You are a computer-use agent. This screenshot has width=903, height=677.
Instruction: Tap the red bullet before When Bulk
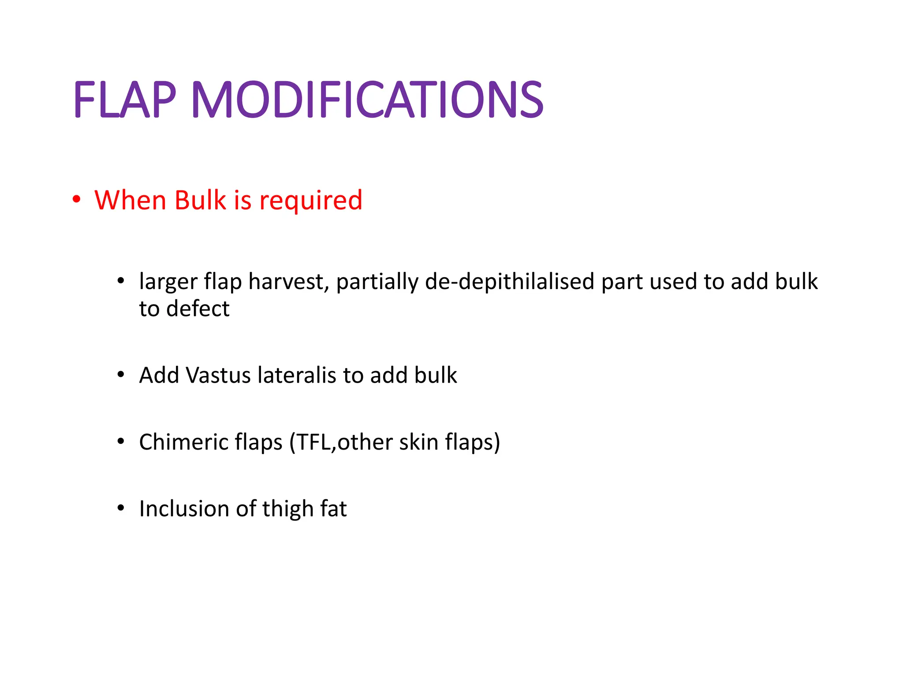click(77, 199)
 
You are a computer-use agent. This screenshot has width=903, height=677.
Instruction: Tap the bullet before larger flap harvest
click(121, 281)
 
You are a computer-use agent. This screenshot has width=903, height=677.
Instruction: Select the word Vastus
click(219, 376)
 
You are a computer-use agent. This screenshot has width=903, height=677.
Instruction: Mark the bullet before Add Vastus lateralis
click(121, 375)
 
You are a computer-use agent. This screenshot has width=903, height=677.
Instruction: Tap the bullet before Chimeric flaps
click(121, 441)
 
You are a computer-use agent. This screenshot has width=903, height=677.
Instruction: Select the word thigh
click(288, 510)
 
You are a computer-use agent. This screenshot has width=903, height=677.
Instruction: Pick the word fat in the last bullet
click(333, 509)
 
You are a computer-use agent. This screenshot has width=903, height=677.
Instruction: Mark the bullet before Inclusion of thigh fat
click(121, 508)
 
